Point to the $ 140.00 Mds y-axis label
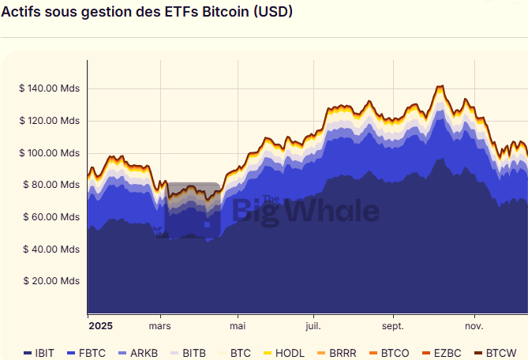point(50,88)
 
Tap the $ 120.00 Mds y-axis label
point(50,121)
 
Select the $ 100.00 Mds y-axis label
point(50,153)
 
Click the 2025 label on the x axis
point(101,325)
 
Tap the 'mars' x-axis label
point(160,325)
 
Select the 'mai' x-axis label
point(238,325)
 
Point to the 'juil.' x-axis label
point(313,325)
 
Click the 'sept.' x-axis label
point(392,325)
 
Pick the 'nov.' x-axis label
point(474,325)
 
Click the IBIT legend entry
point(39,353)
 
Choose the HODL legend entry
point(283,353)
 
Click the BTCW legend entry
point(495,353)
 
